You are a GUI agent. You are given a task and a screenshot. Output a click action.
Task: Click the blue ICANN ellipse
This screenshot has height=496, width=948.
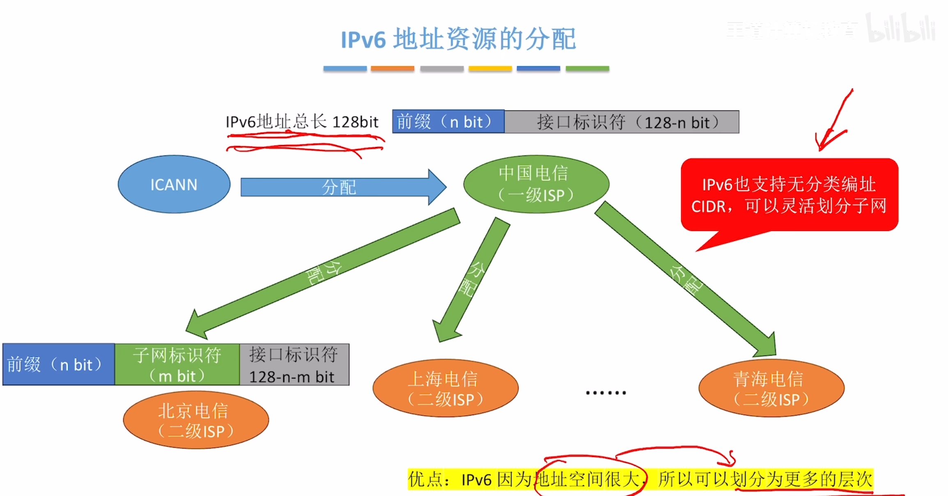pyautogui.click(x=174, y=184)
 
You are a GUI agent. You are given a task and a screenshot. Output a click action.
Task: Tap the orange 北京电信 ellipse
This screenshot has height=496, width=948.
pyautogui.click(x=196, y=420)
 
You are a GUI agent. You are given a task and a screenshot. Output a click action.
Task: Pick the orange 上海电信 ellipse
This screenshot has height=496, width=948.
pyautogui.click(x=445, y=388)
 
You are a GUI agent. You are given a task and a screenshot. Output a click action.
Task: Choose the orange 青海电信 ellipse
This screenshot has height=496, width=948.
pyautogui.click(x=771, y=388)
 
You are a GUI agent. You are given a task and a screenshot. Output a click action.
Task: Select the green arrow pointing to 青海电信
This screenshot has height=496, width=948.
pyautogui.click(x=686, y=279)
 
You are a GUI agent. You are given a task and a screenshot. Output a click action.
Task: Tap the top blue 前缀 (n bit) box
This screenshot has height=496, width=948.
pyautogui.click(x=448, y=122)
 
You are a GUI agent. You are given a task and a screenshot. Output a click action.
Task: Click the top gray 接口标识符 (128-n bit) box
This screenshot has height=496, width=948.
pyautogui.click(x=622, y=122)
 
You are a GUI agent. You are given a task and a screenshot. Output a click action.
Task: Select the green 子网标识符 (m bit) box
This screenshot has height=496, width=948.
pyautogui.click(x=177, y=365)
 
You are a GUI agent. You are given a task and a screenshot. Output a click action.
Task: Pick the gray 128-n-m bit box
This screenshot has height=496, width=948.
pyautogui.click(x=294, y=365)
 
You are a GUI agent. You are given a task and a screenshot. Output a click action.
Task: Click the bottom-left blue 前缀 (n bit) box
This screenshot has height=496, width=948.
pyautogui.click(x=58, y=365)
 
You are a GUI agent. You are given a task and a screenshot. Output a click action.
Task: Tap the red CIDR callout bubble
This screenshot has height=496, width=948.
pyautogui.click(x=789, y=195)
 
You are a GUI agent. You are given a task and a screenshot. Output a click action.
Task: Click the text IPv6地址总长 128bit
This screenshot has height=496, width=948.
pyautogui.click(x=302, y=122)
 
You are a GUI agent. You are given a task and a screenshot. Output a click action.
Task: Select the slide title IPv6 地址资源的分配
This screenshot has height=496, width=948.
pyautogui.click(x=459, y=39)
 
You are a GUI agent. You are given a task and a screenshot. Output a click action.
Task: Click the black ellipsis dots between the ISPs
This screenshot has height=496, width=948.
pyautogui.click(x=606, y=393)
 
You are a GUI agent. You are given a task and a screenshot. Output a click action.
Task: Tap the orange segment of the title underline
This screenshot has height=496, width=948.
pyautogui.click(x=392, y=69)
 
